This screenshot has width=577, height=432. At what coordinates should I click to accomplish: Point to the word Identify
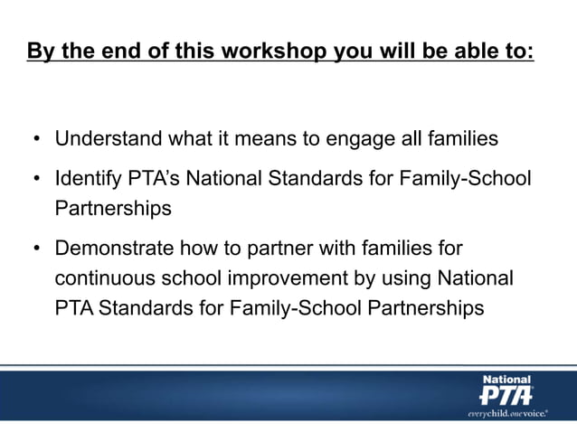click(88, 179)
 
